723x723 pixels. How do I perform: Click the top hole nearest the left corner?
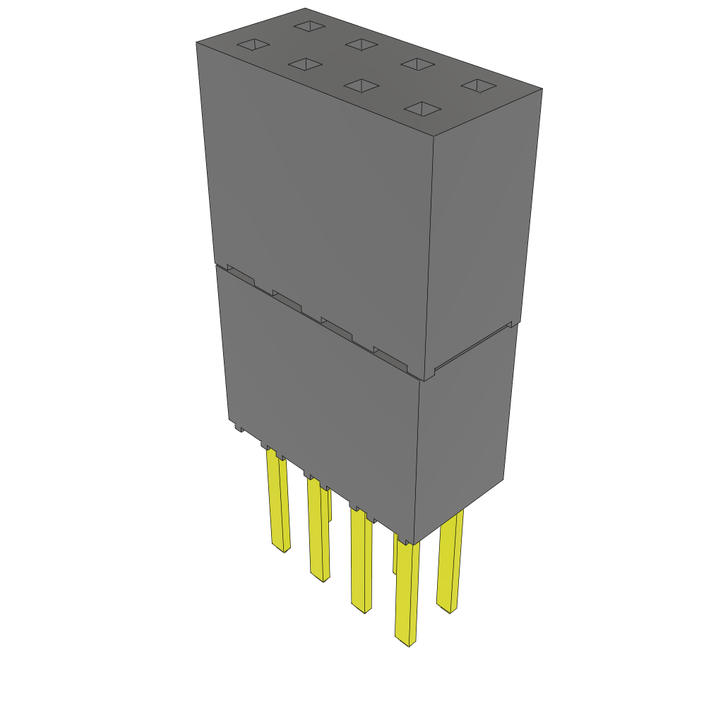pyautogui.click(x=253, y=45)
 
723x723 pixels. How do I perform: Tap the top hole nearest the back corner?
pyautogui.click(x=309, y=26)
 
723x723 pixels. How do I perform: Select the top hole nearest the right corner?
pyautogui.click(x=479, y=85)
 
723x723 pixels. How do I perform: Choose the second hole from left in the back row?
pyautogui.click(x=363, y=44)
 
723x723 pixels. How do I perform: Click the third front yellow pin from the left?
pyautogui.click(x=361, y=561)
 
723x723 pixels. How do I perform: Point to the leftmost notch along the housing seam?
pyautogui.click(x=240, y=275)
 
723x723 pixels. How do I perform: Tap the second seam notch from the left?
pyautogui.click(x=287, y=301)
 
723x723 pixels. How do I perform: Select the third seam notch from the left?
pyautogui.click(x=337, y=328)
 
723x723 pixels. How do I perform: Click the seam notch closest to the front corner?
pyautogui.click(x=390, y=358)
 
